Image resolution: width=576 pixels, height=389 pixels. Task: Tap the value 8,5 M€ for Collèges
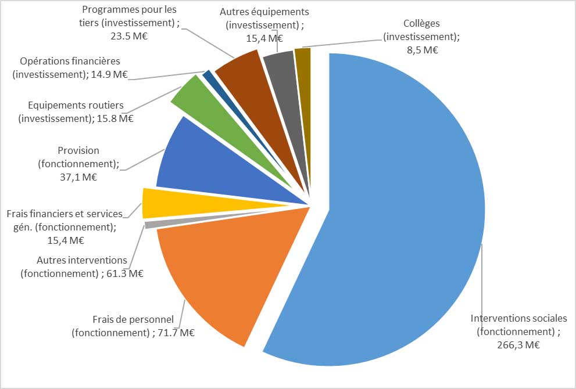421,49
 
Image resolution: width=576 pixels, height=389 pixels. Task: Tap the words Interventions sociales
518,318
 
